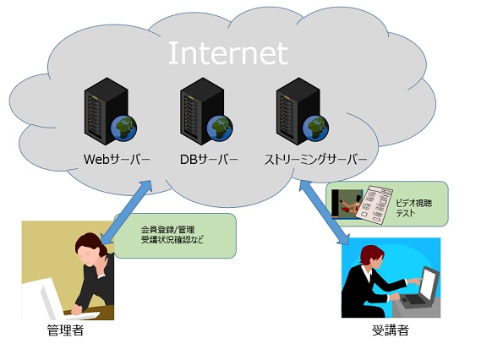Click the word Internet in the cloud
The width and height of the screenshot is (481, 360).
pyautogui.click(x=228, y=53)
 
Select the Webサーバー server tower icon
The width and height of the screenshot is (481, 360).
pyautogui.click(x=107, y=111)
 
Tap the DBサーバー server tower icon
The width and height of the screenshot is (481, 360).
pyautogui.click(x=202, y=111)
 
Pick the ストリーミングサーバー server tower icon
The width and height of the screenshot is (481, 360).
pyautogui.click(x=298, y=111)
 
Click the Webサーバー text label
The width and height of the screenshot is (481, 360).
pyautogui.click(x=117, y=160)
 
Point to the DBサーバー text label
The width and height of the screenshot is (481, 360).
pyautogui.click(x=209, y=160)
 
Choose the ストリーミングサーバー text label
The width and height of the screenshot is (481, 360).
pyautogui.click(x=315, y=160)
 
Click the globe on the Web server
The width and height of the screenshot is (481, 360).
pyautogui.click(x=124, y=128)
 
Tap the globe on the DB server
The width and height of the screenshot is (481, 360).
pyautogui.click(x=220, y=128)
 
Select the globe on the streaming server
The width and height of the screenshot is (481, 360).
pyautogui.click(x=315, y=128)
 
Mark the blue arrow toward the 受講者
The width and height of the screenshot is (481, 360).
pyautogui.click(x=325, y=212)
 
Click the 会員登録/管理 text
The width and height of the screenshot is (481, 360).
pyautogui.click(x=167, y=229)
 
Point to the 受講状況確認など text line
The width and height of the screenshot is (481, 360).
pyautogui.click(x=172, y=239)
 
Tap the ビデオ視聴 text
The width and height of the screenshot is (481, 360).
pyautogui.click(x=414, y=203)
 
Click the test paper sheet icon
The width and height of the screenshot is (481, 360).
pyautogui.click(x=374, y=205)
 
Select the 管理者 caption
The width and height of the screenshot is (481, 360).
pyautogui.click(x=66, y=330)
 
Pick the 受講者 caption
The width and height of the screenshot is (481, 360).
pyautogui.click(x=391, y=330)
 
